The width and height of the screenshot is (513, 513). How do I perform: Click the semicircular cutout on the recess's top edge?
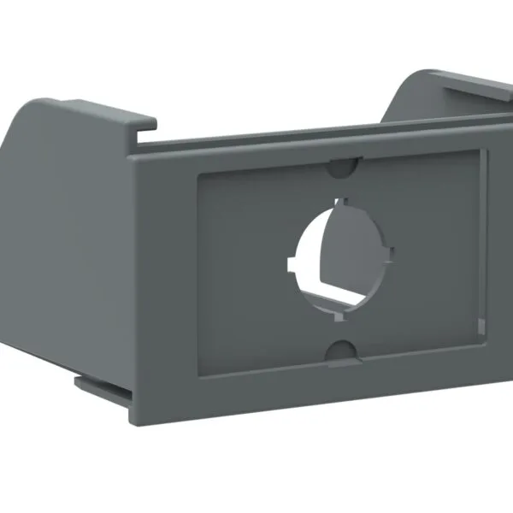pos(343,166)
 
